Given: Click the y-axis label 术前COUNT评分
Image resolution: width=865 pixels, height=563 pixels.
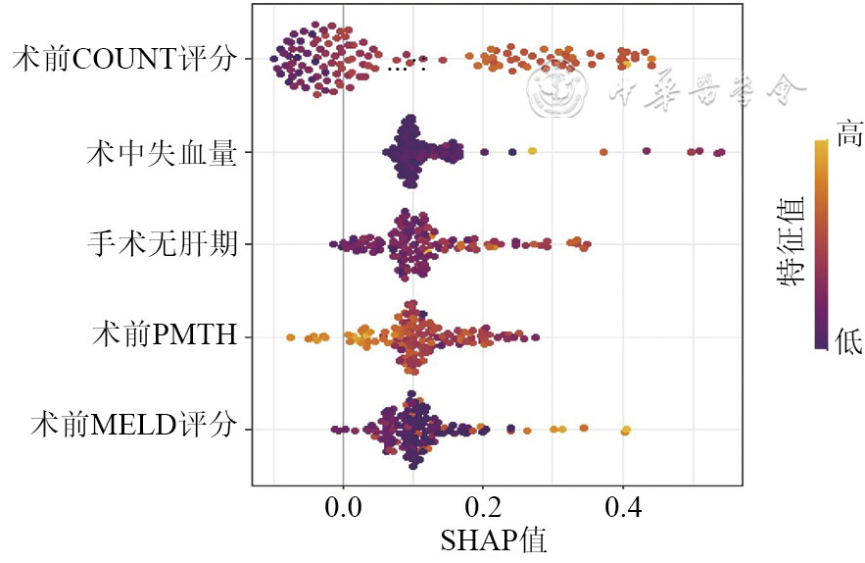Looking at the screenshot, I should coord(124,60).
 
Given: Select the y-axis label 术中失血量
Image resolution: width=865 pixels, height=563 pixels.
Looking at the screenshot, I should coord(162,152).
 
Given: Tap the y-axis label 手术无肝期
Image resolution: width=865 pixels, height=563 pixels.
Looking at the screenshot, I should coord(162,244).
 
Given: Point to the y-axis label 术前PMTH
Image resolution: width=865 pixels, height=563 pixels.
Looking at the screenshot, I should coord(164,336).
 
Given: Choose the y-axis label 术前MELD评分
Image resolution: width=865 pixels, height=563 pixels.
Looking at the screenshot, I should coord(134,429).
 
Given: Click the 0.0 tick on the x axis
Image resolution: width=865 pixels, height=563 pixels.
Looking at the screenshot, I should coord(343,510).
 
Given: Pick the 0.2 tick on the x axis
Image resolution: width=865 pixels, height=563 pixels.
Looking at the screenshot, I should coord(483,510).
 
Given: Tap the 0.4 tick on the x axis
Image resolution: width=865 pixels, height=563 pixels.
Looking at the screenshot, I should coord(623,510).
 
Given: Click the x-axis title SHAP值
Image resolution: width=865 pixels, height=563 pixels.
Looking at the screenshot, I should coord(494,540).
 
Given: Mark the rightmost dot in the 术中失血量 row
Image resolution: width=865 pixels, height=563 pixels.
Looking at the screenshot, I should coord(720,152).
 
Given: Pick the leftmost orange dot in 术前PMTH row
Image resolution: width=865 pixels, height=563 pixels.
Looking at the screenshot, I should coord(290,337).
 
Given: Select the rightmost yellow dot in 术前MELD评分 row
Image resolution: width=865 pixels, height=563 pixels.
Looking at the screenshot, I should coord(626,430).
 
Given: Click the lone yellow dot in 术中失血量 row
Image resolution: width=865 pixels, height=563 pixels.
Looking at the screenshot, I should coord(532,151).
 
